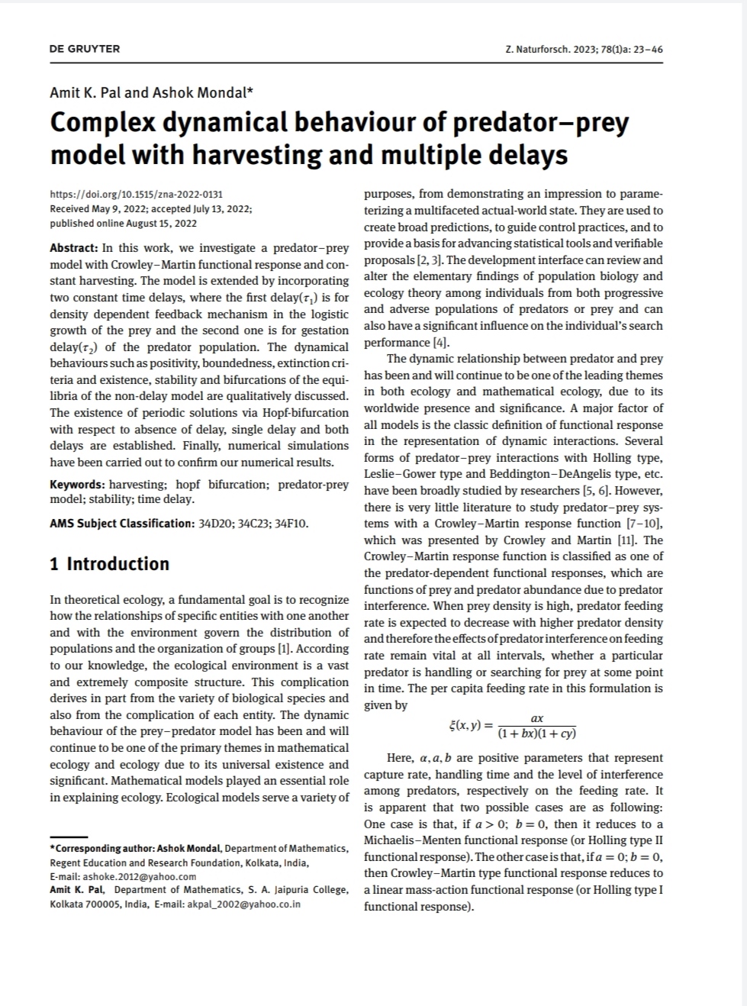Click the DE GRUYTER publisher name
point(85,49)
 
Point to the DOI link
point(136,195)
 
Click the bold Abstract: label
point(74,248)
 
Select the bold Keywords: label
point(77,485)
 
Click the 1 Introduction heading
point(109,564)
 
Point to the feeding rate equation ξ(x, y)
point(513,726)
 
